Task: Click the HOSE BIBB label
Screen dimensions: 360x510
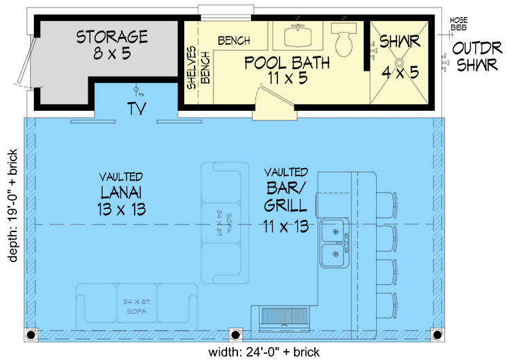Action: tap(458, 24)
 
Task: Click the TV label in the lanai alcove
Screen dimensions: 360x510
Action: tap(137, 109)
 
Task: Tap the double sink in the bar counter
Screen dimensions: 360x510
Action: tap(335, 242)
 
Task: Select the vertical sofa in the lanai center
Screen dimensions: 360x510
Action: tap(221, 223)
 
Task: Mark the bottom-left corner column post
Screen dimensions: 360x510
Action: tap(31, 335)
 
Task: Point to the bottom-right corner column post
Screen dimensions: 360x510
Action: tap(435, 335)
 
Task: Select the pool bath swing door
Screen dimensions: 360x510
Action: tap(273, 102)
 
